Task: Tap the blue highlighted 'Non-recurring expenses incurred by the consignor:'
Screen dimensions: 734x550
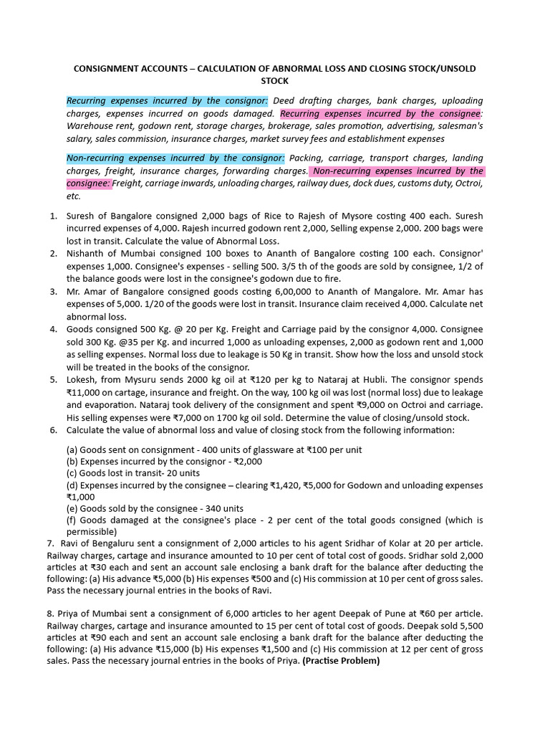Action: [175, 158]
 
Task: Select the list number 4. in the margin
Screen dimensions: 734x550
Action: [54, 329]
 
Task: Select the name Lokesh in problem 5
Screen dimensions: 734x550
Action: [82, 379]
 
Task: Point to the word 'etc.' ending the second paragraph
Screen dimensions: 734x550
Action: [74, 196]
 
